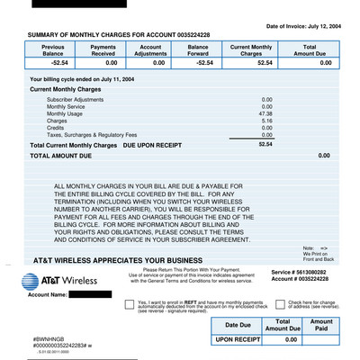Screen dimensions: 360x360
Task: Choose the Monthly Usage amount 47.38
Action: [265, 114]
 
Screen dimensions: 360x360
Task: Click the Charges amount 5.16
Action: [266, 121]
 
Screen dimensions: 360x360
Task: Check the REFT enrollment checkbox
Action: [129, 304]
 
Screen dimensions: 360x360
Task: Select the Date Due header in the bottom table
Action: [238, 325]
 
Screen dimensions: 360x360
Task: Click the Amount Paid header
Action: [320, 325]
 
